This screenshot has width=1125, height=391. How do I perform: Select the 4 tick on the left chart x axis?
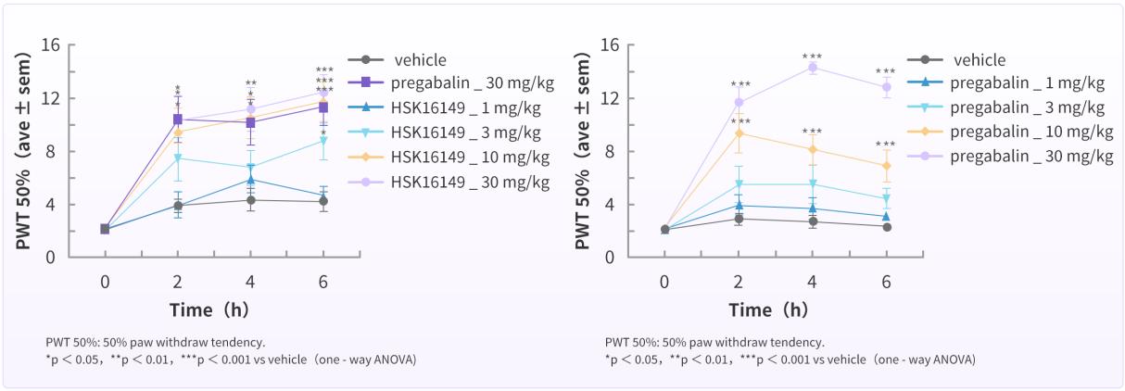coord(250,281)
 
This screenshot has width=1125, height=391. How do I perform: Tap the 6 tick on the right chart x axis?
coord(886,281)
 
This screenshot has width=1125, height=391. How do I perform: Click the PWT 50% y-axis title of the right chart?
coord(585,150)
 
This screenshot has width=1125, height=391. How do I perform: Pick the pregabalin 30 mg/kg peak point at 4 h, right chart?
coord(813,67)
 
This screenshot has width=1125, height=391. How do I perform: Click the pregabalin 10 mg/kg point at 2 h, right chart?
coord(739,132)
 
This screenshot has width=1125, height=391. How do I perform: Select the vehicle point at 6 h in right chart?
coord(887,227)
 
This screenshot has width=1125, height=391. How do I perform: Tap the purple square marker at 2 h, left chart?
coord(177,119)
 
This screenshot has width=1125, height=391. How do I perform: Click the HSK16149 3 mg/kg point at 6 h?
coord(323,140)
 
